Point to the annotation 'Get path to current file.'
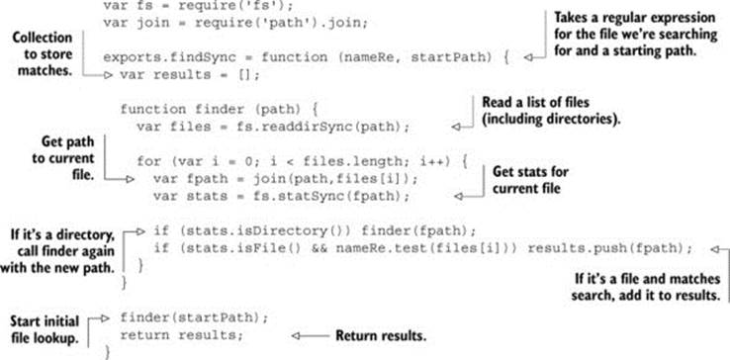(63, 158)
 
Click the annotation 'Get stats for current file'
(530, 180)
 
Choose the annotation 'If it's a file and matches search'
(646, 288)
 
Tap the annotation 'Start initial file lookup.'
(45, 329)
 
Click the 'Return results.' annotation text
(381, 336)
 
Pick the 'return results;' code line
(182, 336)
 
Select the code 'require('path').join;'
(281, 23)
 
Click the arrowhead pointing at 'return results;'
(295, 336)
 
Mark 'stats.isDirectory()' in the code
(260, 231)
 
